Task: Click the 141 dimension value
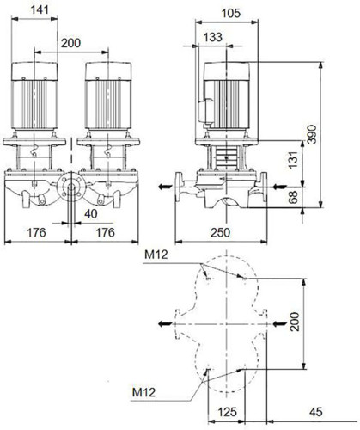pos(40,9)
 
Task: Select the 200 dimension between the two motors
pos(70,43)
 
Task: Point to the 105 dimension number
pos(231,13)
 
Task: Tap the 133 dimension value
pos(213,37)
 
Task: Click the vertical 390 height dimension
pos(312,134)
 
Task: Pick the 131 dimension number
pos(293,160)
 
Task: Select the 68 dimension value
pos(293,197)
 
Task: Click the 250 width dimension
pos(220,232)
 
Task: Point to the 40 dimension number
pos(91,213)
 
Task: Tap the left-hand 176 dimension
pos(36,232)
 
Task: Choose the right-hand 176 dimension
pos(105,232)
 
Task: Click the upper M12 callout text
pos(156,255)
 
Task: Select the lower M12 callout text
pos(143,392)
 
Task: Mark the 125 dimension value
pos(228,412)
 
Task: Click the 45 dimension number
pos(316,412)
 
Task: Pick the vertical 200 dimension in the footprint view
pos(295,322)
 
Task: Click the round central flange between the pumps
pos(71,187)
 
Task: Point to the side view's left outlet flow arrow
pos(165,187)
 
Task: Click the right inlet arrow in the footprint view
pos(280,324)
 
